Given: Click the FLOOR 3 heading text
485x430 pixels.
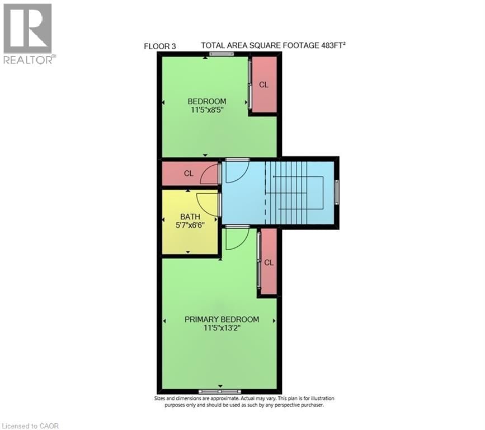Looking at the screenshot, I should (160, 46).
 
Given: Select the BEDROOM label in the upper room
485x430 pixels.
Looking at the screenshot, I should (206, 101).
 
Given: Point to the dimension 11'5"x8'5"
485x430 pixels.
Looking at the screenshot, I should (207, 110).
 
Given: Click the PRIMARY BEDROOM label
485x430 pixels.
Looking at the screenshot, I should (222, 319).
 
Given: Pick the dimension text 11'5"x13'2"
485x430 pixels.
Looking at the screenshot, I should (222, 328).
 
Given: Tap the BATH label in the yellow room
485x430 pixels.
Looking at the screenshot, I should (190, 217).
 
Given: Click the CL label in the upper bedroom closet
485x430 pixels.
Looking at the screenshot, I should (263, 85).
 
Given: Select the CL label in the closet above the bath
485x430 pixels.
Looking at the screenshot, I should (189, 174).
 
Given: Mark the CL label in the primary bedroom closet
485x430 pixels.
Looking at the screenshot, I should (269, 263).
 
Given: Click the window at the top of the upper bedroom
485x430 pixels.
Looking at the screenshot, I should (222, 54).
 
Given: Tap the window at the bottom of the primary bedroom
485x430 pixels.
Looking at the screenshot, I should (220, 391).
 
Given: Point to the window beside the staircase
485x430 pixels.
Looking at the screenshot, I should (336, 193).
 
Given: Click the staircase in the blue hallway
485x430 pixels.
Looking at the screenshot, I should (294, 192).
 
